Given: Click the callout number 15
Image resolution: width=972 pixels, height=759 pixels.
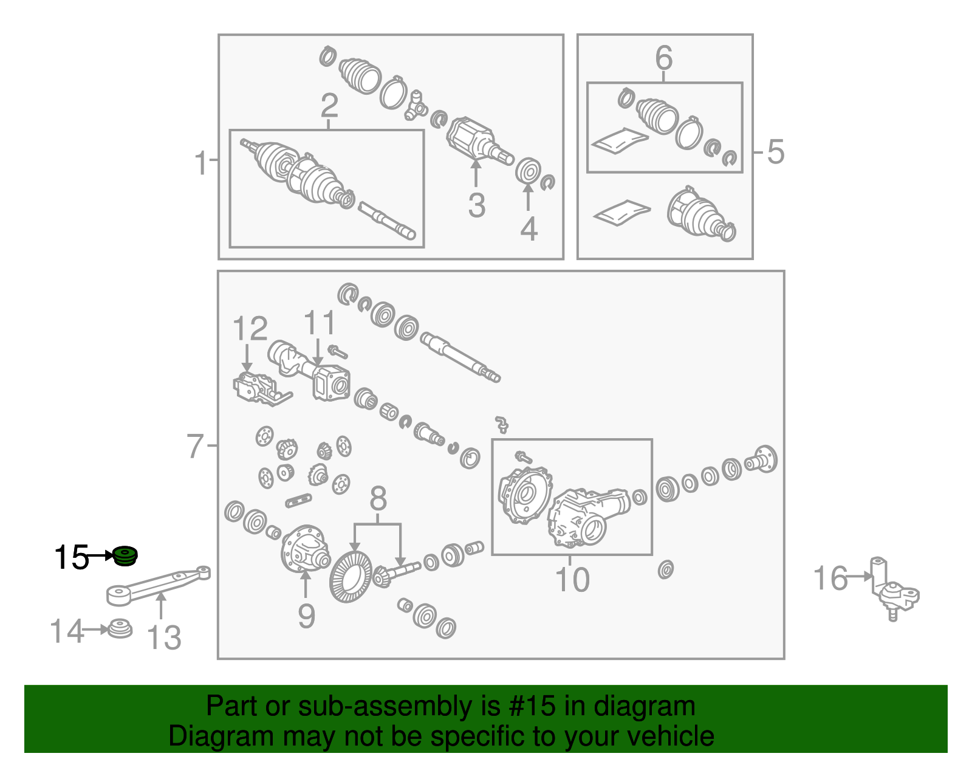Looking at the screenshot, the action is [71, 558].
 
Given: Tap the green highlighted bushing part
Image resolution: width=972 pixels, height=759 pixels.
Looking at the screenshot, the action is [125, 556].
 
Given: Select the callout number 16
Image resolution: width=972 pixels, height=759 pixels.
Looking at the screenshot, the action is [830, 579].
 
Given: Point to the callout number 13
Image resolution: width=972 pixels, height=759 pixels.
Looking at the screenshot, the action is [164, 637].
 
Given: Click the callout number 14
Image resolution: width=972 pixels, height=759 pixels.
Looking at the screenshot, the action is [67, 631].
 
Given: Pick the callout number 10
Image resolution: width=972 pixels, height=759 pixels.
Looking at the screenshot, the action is [572, 580].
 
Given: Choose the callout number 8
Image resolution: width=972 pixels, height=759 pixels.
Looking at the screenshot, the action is [378, 498].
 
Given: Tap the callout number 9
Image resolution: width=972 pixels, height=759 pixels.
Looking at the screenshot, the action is [307, 616].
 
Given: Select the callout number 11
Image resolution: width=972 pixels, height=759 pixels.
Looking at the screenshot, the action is [320, 323].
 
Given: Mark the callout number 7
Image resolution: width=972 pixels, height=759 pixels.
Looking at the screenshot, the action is [196, 446].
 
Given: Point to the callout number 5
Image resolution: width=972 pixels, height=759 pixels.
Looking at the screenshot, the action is [776, 152].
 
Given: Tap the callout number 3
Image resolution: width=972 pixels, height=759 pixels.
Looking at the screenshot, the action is [477, 205].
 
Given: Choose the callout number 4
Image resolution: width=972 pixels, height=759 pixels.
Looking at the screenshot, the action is [529, 229].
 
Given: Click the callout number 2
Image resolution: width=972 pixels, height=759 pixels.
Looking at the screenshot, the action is [329, 106].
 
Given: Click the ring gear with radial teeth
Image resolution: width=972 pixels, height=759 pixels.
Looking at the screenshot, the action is [351, 577].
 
